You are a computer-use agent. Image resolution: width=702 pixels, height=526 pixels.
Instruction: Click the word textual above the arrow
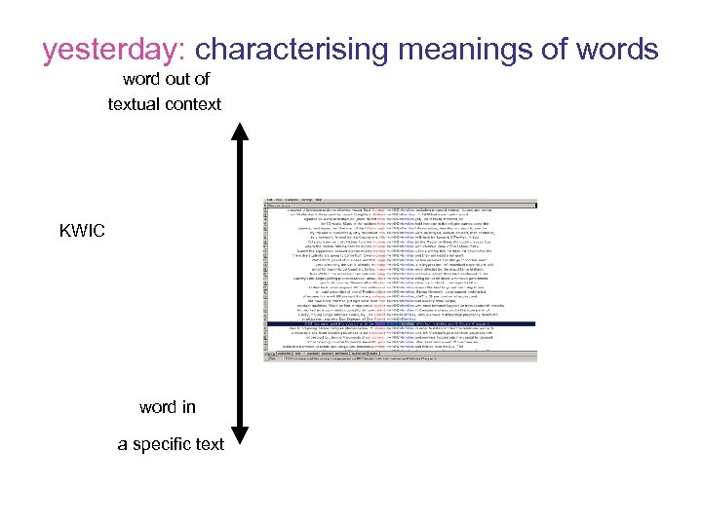(x=135, y=103)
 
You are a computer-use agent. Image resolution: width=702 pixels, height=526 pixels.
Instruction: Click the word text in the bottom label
(x=209, y=444)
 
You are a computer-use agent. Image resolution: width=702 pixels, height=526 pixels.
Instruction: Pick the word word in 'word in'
(x=158, y=407)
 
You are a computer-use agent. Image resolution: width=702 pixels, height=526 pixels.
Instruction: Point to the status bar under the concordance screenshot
(x=400, y=357)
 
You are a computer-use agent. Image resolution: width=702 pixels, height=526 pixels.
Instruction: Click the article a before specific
(x=122, y=444)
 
